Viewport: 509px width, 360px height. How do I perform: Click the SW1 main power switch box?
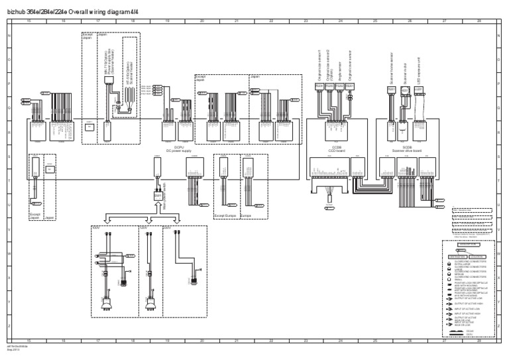point(158,197)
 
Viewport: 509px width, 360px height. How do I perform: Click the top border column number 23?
point(306,21)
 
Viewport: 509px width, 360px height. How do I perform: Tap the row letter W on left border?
point(8,253)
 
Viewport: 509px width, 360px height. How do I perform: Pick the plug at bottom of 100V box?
point(105,306)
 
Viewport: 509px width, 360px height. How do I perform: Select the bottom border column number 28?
point(479,339)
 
